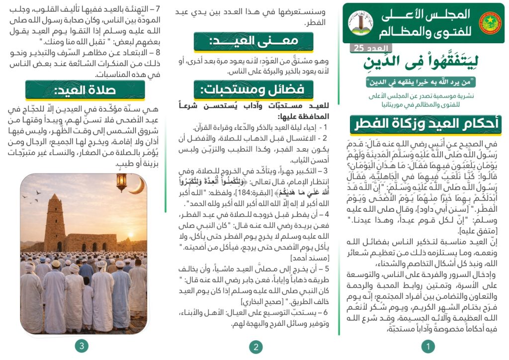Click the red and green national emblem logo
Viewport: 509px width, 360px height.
(x=490, y=23)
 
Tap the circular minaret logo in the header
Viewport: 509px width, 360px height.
(x=361, y=23)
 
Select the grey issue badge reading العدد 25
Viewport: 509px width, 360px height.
(x=371, y=48)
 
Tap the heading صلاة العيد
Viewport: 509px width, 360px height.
(x=85, y=90)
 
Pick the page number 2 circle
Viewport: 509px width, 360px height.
(x=255, y=347)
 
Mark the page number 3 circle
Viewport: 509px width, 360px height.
(x=82, y=346)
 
